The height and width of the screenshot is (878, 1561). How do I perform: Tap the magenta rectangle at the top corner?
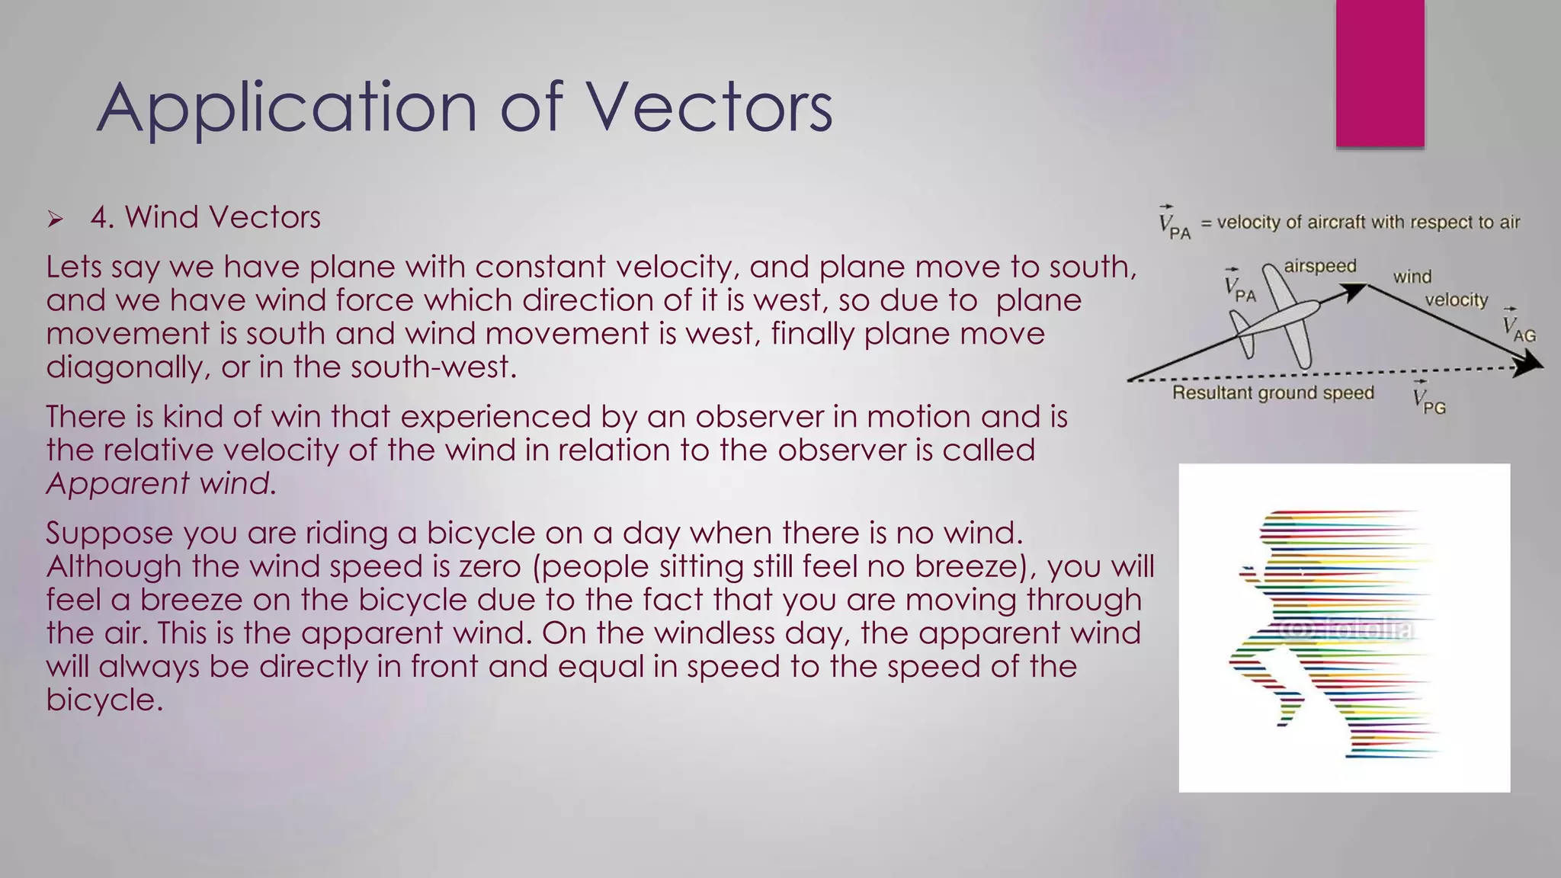pyautogui.click(x=1380, y=73)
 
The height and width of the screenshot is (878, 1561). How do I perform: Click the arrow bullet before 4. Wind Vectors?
pyautogui.click(x=55, y=220)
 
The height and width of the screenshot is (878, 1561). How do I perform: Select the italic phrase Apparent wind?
pyautogui.click(x=161, y=483)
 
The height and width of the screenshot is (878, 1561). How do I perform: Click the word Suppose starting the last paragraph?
pyautogui.click(x=109, y=534)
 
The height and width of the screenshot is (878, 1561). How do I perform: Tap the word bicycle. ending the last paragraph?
pyautogui.click(x=104, y=700)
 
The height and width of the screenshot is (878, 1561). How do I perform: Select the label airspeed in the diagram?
pyautogui.click(x=1319, y=266)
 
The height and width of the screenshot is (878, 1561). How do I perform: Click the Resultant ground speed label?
pyautogui.click(x=1272, y=393)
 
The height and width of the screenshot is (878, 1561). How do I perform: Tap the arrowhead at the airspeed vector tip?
pyautogui.click(x=1355, y=290)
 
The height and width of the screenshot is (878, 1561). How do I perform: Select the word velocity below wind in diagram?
pyautogui.click(x=1456, y=300)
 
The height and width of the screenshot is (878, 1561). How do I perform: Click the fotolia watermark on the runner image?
pyautogui.click(x=1345, y=630)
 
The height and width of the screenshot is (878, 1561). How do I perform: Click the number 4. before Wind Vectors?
pyautogui.click(x=102, y=218)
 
